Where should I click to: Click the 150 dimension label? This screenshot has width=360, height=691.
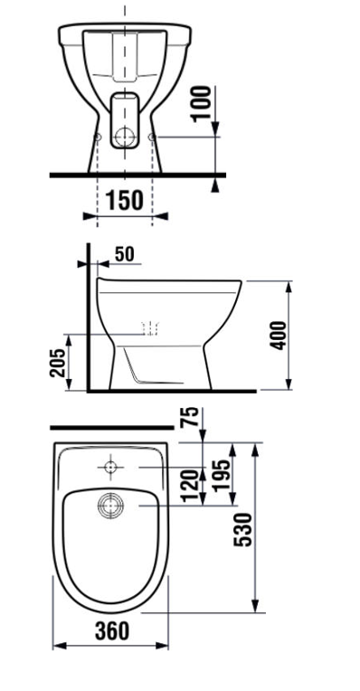(x=125, y=200)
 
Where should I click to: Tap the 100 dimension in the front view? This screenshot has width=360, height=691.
(x=202, y=103)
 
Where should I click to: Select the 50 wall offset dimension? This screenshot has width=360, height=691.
(x=124, y=254)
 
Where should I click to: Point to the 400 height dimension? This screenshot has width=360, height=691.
(x=279, y=336)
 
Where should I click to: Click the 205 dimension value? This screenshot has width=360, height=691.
(x=58, y=363)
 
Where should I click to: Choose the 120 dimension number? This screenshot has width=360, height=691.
(x=191, y=486)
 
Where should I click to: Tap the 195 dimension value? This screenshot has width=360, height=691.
(x=222, y=475)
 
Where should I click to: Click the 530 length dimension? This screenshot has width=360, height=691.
(x=243, y=530)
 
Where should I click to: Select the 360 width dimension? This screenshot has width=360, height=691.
(x=112, y=631)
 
